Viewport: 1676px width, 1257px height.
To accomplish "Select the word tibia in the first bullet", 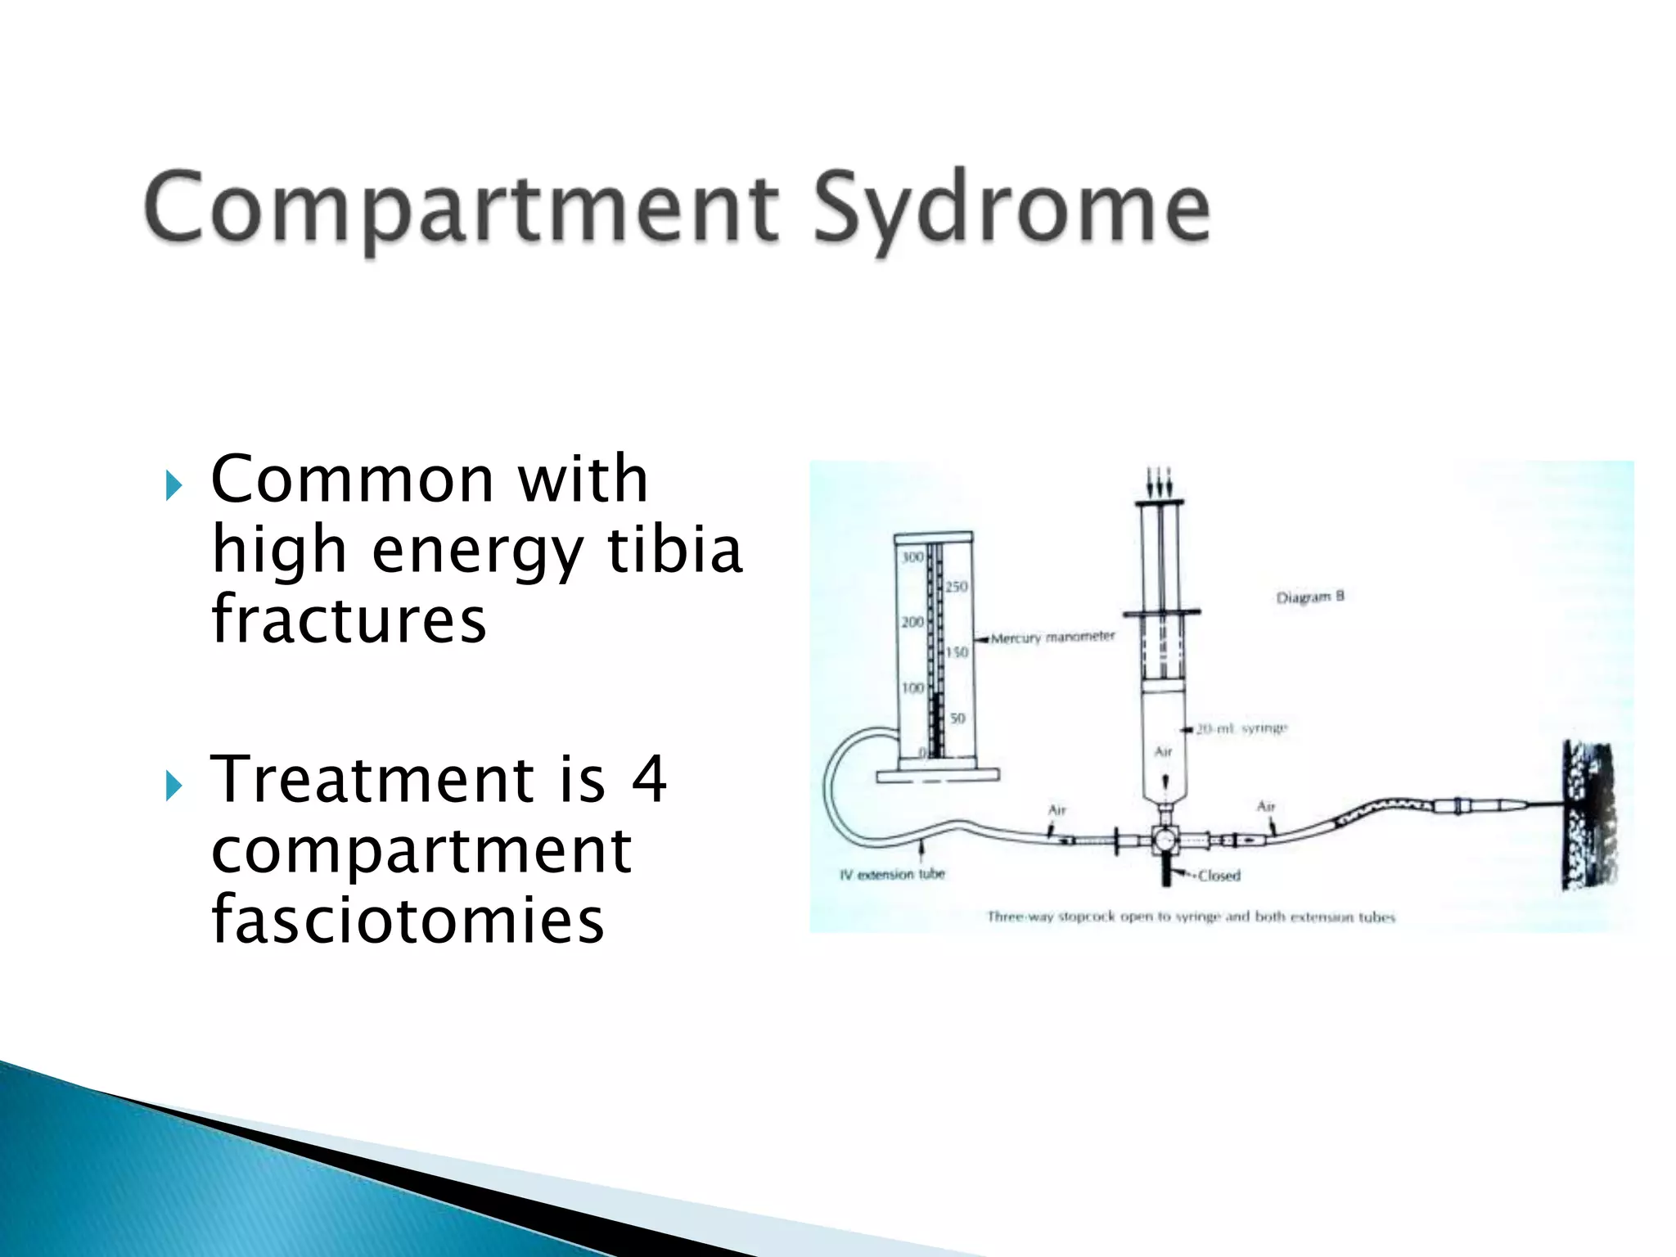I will click(x=674, y=550).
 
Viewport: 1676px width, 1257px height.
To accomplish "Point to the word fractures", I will click(x=349, y=619).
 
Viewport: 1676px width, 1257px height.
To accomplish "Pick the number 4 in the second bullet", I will click(x=649, y=779).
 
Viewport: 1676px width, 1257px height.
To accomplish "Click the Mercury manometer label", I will click(x=1052, y=637).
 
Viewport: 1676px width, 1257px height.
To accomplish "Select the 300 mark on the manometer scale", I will click(x=912, y=557).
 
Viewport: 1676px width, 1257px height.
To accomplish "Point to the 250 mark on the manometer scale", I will click(x=956, y=587).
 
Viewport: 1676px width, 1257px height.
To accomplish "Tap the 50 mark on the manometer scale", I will click(x=957, y=718).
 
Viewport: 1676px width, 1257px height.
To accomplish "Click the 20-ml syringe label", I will click(x=1241, y=728).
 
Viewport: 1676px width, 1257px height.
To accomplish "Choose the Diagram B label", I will click(x=1309, y=597).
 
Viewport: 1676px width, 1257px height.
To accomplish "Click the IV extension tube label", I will click(x=892, y=874).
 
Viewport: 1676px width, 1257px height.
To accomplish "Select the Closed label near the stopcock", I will click(x=1219, y=876).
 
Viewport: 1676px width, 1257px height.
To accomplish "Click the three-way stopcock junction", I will click(x=1163, y=840).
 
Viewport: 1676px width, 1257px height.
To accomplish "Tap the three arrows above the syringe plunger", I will click(x=1160, y=481).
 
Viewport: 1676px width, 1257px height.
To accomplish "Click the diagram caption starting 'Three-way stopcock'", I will click(x=1191, y=917).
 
